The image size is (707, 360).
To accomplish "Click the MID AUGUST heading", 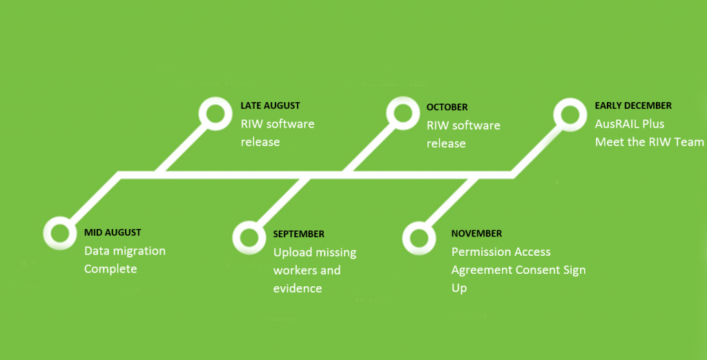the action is (x=113, y=232).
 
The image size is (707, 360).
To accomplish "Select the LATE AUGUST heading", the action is (x=270, y=106).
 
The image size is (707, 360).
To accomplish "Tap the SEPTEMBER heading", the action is (x=298, y=234).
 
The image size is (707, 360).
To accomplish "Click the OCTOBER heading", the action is (x=447, y=108).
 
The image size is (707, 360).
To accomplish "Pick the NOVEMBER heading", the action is (x=476, y=233).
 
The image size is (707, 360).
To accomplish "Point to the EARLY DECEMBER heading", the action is (x=633, y=106).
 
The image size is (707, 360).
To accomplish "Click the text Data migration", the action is (x=125, y=251).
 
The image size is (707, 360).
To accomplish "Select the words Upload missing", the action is (x=315, y=252).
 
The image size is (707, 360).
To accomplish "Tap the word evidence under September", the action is (x=298, y=288).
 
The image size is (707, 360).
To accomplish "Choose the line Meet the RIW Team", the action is (x=649, y=142).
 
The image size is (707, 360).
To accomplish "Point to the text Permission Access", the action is (x=501, y=252).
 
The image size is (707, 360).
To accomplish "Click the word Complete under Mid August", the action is (x=110, y=270).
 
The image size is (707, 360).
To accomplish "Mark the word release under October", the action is (x=446, y=143).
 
